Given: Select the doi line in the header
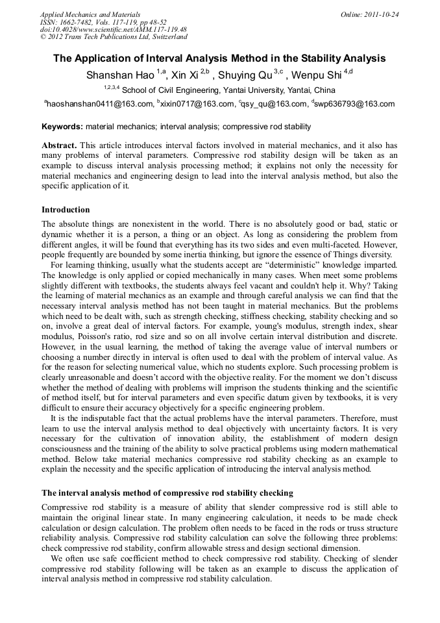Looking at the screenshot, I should [x=114, y=30].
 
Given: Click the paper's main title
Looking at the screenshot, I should [x=219, y=58].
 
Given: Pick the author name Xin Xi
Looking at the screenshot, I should [x=184, y=75].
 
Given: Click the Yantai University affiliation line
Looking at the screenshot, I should [x=228, y=90].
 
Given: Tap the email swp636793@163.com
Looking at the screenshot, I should [x=354, y=104].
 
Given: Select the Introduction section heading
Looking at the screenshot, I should [x=66, y=210].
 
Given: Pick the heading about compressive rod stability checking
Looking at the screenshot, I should [x=167, y=492].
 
